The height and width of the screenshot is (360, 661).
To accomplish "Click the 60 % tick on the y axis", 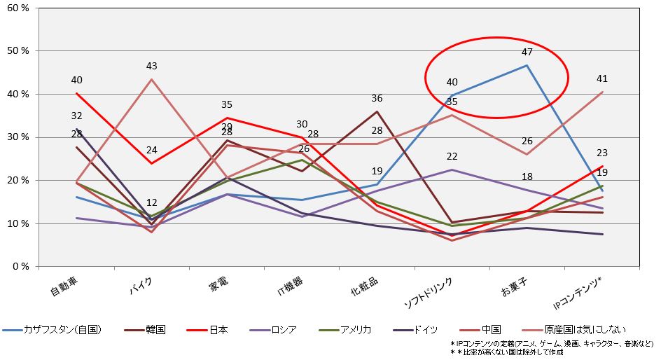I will pyautogui.click(x=16, y=8).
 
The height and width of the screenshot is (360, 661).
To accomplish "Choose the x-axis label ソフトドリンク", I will pyautogui.click(x=429, y=293).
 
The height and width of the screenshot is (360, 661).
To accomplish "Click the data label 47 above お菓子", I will pyautogui.click(x=527, y=52).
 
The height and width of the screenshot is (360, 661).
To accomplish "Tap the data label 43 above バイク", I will pyautogui.click(x=151, y=67).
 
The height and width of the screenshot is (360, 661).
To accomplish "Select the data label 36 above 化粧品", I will pyautogui.click(x=377, y=99).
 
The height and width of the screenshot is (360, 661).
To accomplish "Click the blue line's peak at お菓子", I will pyautogui.click(x=527, y=65).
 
